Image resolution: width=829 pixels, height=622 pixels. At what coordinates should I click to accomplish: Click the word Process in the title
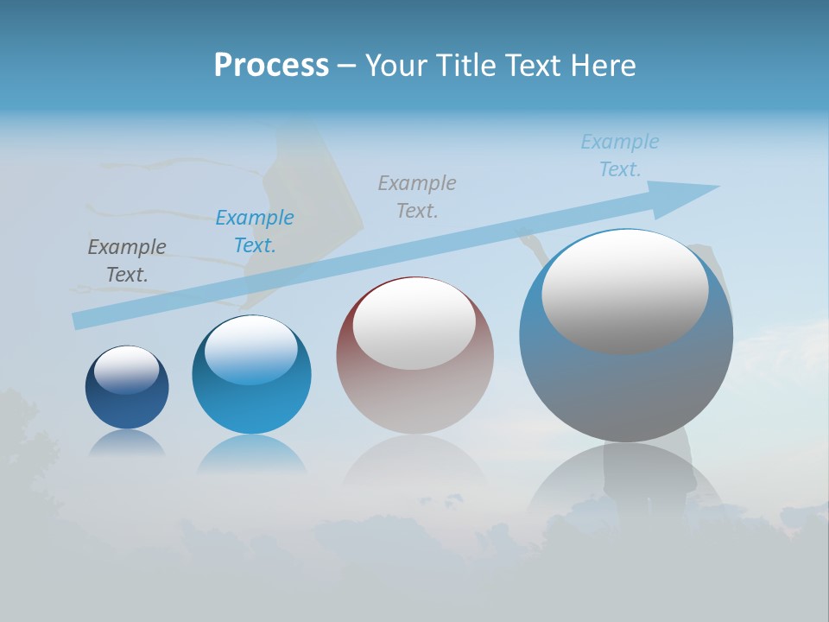[x=271, y=66]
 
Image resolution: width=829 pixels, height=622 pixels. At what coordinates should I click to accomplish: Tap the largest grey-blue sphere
[x=625, y=389]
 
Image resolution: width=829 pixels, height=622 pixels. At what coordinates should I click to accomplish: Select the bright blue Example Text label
[x=255, y=232]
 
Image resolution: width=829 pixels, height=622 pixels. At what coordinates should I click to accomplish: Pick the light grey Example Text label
[x=417, y=196]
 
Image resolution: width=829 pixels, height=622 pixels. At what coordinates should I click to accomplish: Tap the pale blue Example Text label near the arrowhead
[x=620, y=155]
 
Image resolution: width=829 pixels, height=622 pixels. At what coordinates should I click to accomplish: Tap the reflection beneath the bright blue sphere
[x=251, y=455]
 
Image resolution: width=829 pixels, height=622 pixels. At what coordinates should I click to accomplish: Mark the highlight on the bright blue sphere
[x=251, y=351]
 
